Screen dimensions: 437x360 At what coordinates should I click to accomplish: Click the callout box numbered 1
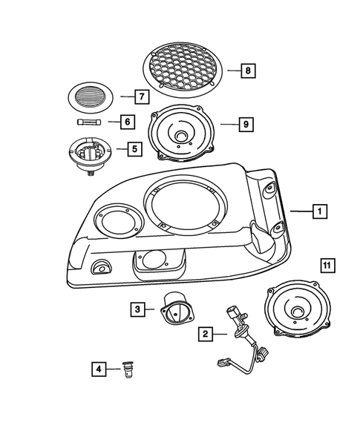[x=318, y=212]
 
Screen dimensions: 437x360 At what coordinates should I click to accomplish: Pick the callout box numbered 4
[x=97, y=368]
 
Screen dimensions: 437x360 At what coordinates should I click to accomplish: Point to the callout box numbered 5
[x=133, y=149]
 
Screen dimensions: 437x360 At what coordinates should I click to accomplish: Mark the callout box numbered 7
[x=139, y=96]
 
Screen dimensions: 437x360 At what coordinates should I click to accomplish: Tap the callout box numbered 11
[x=328, y=265]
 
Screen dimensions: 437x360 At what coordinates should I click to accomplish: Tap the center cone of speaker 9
[x=181, y=137]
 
